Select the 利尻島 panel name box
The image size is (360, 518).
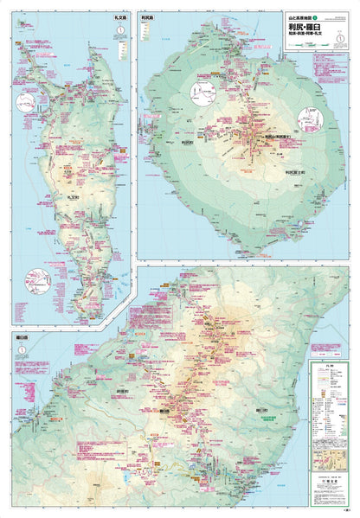(148, 16)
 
